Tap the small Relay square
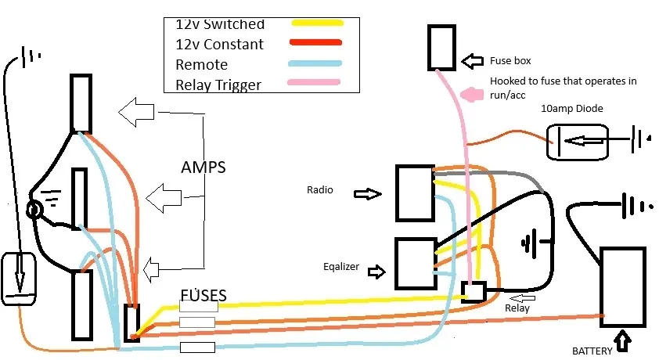point(474,292)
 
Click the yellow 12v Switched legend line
point(318,23)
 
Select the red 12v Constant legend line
point(315,42)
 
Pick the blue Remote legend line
point(315,63)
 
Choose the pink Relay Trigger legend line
point(314,82)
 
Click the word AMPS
point(203,167)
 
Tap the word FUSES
point(203,295)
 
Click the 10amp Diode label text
point(571,108)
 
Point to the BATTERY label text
point(592,351)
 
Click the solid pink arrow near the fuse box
point(472,94)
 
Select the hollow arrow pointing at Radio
point(368,193)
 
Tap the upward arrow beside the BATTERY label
point(622,341)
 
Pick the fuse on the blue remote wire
point(197,347)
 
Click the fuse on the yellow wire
point(198,306)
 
